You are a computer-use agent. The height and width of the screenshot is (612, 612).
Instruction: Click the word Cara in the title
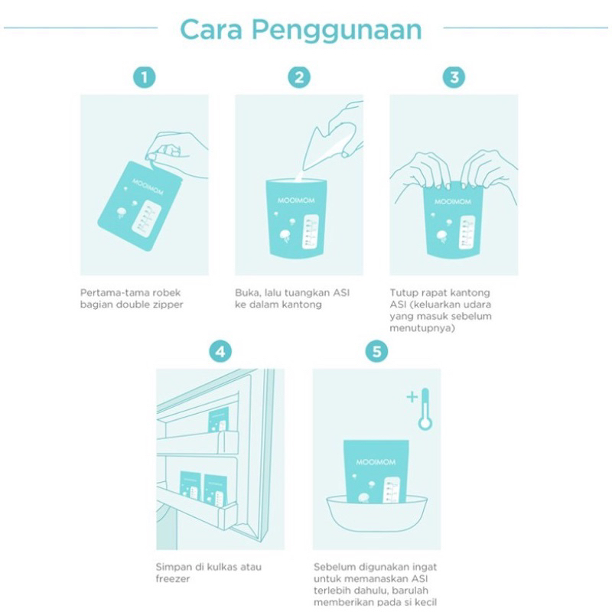211,30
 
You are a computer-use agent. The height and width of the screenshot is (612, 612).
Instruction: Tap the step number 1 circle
144,77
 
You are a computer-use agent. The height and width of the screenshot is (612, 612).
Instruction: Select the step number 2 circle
299,77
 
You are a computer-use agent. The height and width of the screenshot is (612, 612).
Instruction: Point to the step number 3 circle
454,77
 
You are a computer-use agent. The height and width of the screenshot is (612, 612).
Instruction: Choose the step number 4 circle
220,351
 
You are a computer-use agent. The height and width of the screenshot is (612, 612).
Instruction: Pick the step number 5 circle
376,351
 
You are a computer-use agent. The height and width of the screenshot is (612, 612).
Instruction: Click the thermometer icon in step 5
425,409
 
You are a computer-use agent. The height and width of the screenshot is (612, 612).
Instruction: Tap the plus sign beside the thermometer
412,397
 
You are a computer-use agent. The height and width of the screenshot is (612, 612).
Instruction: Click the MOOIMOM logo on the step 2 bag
296,200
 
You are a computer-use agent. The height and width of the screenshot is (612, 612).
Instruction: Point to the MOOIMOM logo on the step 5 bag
376,462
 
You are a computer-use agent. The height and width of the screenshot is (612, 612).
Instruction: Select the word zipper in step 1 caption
167,304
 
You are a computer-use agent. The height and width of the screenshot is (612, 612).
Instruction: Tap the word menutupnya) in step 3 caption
422,328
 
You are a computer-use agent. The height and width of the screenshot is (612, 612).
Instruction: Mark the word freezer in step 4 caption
173,579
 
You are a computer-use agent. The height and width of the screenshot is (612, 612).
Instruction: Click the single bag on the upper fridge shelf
219,419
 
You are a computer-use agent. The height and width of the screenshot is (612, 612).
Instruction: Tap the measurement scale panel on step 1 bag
146,219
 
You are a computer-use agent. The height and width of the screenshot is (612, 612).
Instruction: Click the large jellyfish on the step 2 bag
285,236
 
